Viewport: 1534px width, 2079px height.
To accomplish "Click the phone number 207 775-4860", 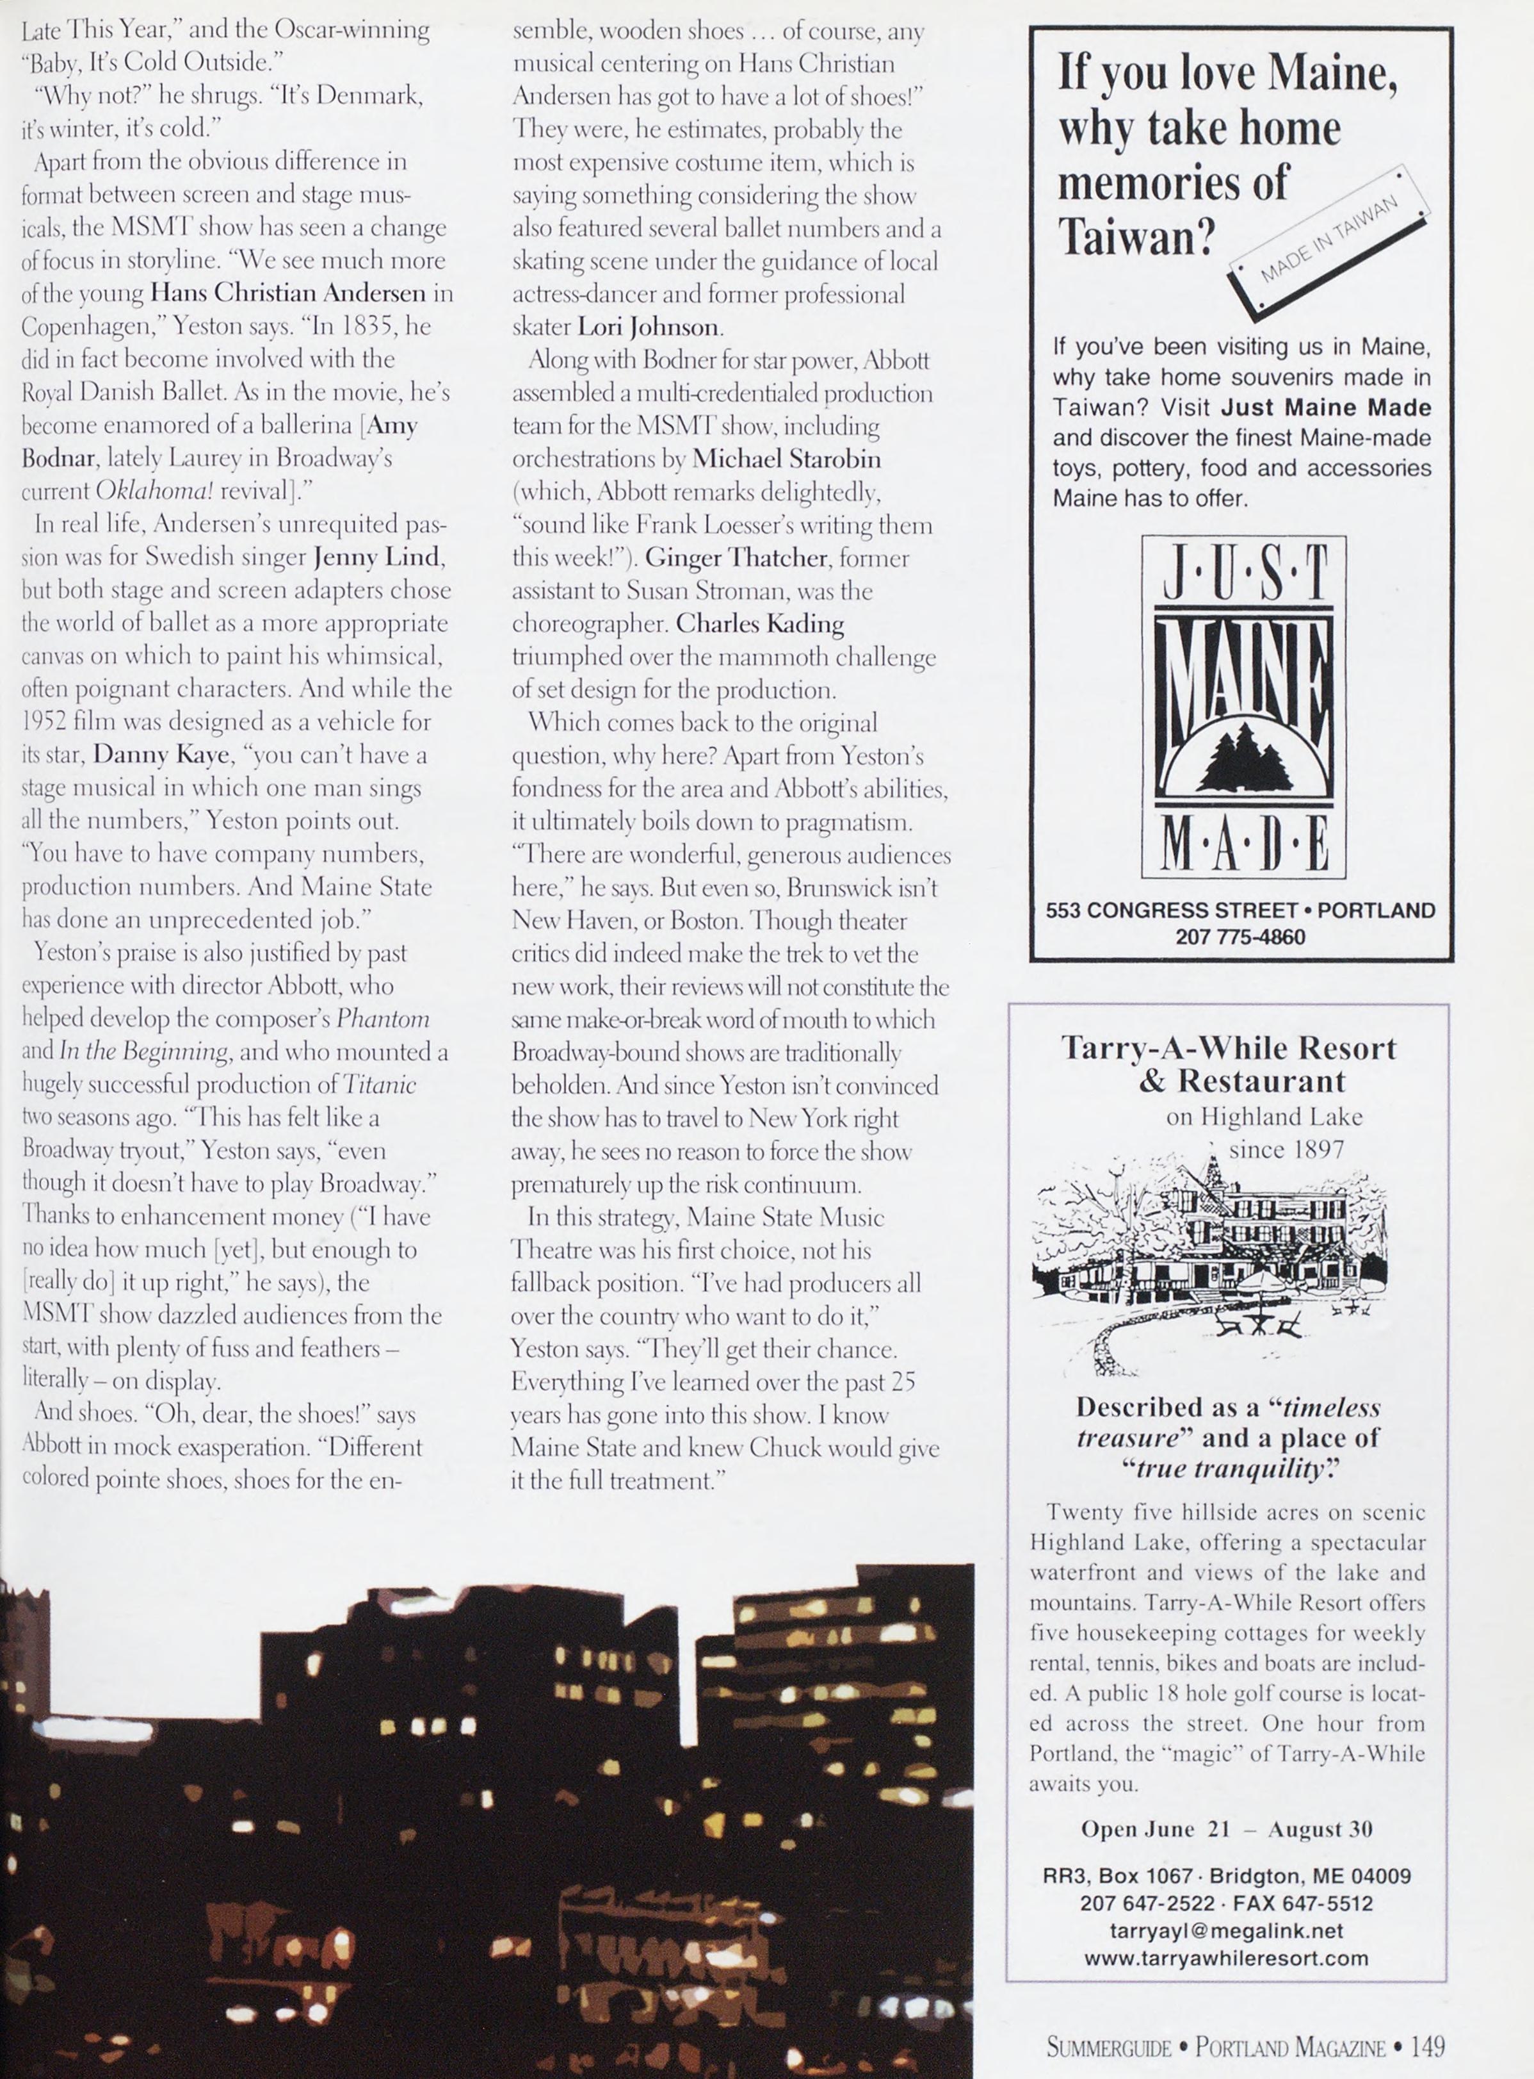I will click(x=1241, y=937).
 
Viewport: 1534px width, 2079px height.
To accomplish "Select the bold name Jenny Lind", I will click(x=379, y=558).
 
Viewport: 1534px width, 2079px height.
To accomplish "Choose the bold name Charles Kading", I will click(x=759, y=623).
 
